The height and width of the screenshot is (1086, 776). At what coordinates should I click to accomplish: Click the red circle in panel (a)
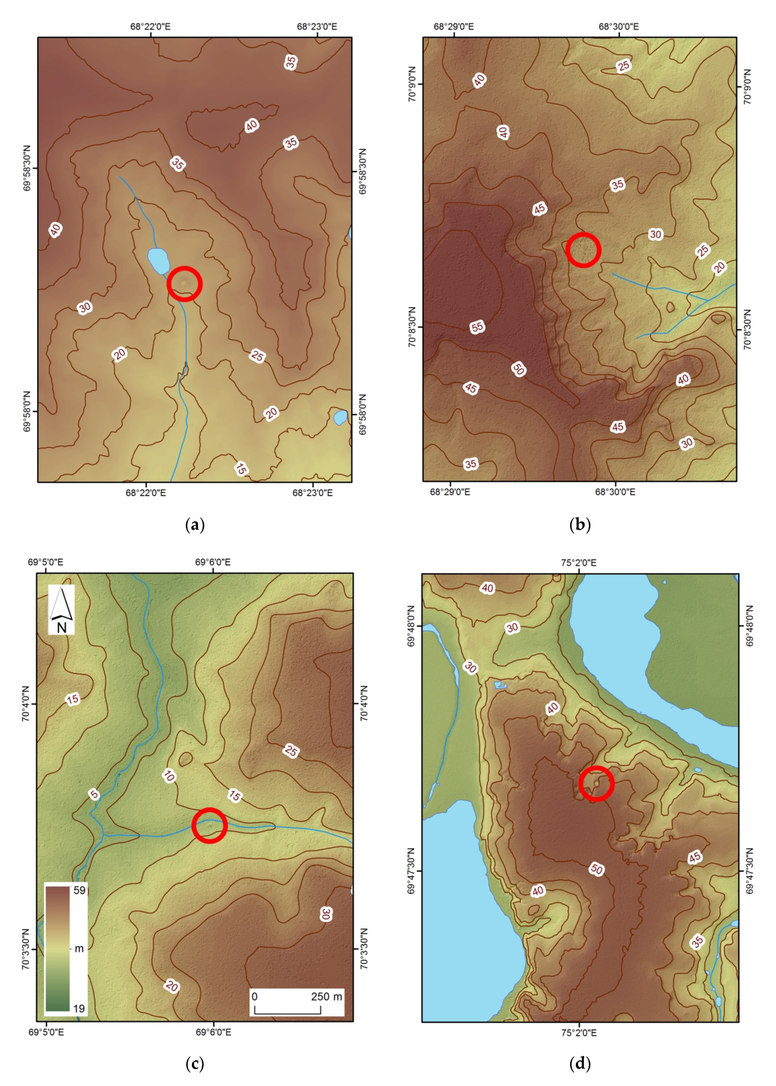tap(184, 284)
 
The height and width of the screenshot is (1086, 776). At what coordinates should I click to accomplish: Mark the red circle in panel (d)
tap(596, 783)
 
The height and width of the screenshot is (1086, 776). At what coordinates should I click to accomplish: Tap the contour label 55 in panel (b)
tap(477, 327)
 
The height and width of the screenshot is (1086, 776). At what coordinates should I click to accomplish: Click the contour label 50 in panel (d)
tap(596, 869)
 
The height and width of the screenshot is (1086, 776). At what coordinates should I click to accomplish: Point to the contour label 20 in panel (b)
tap(720, 267)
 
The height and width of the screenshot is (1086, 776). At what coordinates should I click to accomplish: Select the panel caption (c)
tap(195, 1063)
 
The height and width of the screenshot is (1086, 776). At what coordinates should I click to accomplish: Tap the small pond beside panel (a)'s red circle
tap(159, 261)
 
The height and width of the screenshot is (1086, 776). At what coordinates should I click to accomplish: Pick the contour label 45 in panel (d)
tap(695, 857)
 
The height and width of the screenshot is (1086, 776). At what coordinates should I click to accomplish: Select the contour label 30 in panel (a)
tap(85, 307)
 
